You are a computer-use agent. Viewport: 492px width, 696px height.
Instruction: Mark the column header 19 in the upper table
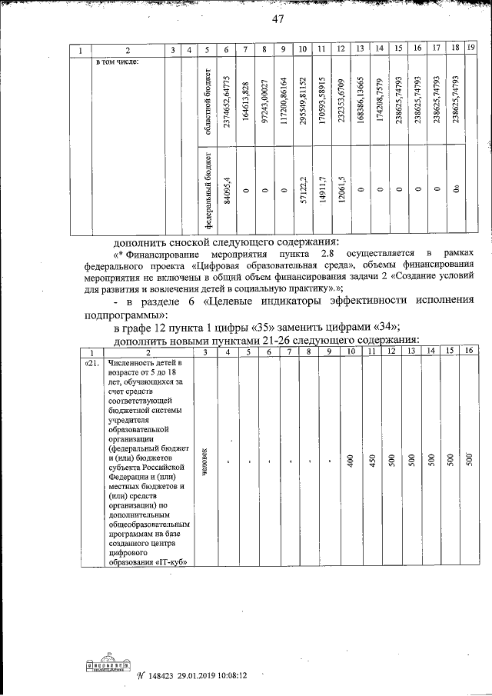[470, 49]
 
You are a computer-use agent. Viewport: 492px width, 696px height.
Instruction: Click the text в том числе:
[117, 62]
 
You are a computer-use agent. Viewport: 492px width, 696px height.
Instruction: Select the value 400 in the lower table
[351, 461]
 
